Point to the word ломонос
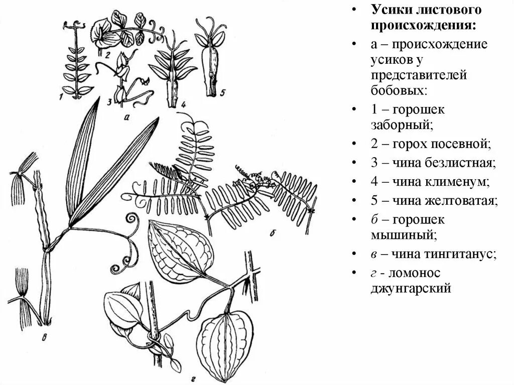tap(415, 273)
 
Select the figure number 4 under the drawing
tap(183, 104)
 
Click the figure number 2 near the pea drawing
tap(107, 56)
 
